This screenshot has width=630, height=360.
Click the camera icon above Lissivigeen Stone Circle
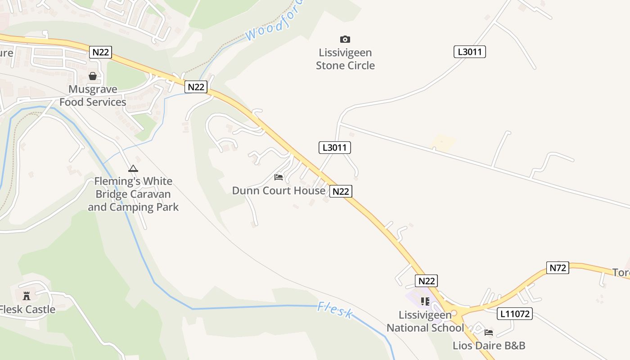coord(345,40)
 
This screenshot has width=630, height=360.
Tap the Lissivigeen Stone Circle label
coord(345,59)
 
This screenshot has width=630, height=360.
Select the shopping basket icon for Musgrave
coord(93,76)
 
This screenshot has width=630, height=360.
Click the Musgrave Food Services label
coord(93,96)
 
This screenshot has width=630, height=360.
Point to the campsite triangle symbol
coord(133,169)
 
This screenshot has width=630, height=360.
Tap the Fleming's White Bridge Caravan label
coord(133,194)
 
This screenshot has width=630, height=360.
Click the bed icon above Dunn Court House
coord(279,177)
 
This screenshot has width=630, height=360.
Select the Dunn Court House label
coord(279,191)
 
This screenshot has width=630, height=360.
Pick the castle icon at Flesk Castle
coord(27,296)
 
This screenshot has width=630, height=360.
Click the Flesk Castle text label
coord(27,310)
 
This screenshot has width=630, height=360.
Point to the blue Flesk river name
coord(335,310)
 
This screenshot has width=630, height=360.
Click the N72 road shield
coord(558,268)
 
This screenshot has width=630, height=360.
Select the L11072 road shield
coord(515,314)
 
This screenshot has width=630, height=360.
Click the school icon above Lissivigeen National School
coord(425,301)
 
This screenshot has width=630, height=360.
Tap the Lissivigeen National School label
coord(425,321)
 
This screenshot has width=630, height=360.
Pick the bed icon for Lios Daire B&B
coord(489,333)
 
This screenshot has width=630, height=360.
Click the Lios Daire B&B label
coord(489,346)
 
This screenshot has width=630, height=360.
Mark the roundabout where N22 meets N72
coord(454,313)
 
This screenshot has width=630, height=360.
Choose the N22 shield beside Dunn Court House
coord(341,192)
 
